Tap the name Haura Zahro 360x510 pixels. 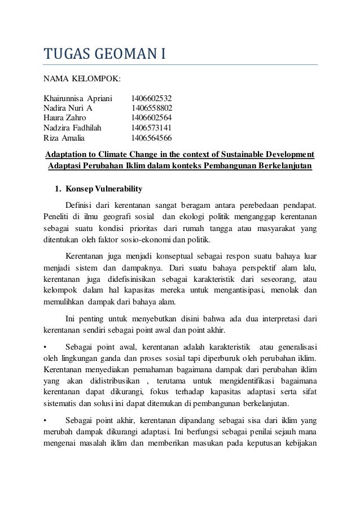[x=65, y=118]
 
